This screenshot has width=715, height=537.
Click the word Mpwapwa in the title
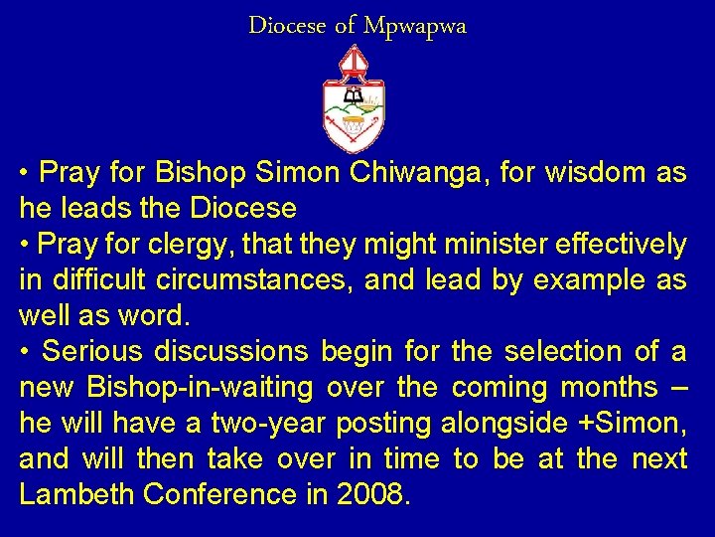coord(414,27)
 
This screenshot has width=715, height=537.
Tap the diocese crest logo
coord(354,98)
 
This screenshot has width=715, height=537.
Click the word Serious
coord(94,352)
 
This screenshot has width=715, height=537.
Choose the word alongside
coord(504,424)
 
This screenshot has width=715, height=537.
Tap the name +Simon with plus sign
coord(632,424)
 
